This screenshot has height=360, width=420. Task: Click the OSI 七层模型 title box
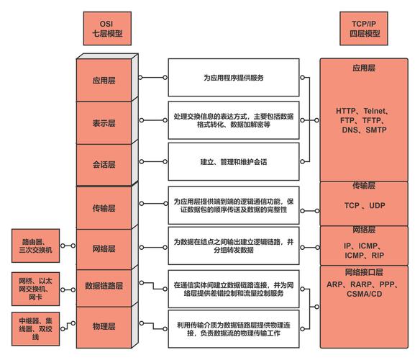107,28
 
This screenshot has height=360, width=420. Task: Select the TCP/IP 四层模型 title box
364,28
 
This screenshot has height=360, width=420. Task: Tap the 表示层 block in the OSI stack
104,123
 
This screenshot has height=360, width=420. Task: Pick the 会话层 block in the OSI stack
104,164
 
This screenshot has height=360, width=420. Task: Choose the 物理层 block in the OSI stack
104,328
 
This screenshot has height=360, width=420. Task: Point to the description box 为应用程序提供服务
234,78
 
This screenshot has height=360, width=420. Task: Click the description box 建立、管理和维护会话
234,162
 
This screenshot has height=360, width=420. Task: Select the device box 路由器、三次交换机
36,246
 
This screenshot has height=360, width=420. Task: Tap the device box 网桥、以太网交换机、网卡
36,289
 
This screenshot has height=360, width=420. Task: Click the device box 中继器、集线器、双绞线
36,328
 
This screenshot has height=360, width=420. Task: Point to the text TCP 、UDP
365,205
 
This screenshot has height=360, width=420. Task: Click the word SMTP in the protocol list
376,130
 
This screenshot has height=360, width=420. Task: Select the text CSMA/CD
365,294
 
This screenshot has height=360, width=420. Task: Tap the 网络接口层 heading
364,272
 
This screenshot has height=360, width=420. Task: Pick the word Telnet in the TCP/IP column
375,111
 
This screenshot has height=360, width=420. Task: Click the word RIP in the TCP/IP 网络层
378,256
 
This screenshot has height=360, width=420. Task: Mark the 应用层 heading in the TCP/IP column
364,68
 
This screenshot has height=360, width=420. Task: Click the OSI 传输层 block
104,208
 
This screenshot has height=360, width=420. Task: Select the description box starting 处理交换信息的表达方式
234,120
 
